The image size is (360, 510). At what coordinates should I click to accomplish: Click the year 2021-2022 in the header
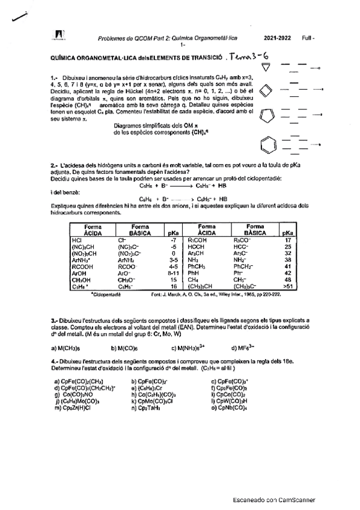tap(278, 38)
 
